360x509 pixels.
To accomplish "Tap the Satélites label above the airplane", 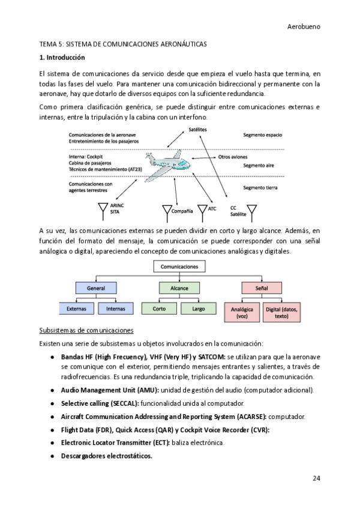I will tap(199, 130).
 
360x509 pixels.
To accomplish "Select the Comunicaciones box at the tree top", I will tap(179, 267).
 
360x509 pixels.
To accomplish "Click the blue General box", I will tap(96, 288).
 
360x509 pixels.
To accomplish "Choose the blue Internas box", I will tap(115, 309).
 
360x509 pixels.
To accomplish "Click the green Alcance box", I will tap(179, 288).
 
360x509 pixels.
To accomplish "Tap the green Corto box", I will tap(160, 309).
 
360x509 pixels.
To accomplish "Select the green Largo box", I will tap(198, 309).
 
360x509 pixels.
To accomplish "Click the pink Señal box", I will tap(262, 288).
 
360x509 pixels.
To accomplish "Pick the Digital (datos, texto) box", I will tap(282, 312).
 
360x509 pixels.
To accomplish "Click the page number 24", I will tap(316, 478).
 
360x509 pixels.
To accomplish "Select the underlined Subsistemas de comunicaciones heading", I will tap(86, 331).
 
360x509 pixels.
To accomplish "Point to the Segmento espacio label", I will tap(262, 135).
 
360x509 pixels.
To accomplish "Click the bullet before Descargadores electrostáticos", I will tap(55, 456).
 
